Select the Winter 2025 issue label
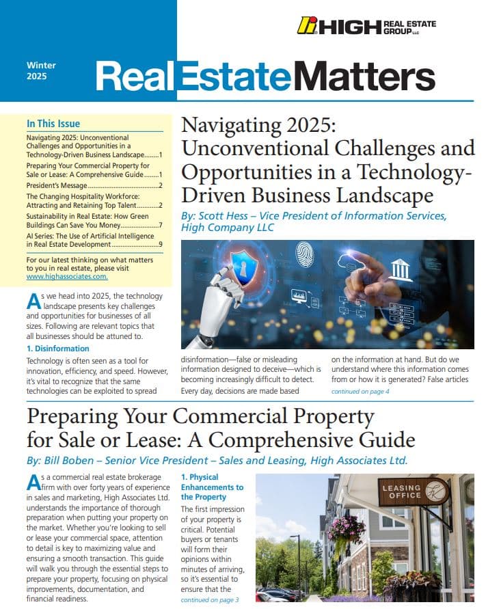[x=41, y=71]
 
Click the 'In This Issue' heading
[x=53, y=124]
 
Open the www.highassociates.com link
[x=67, y=277]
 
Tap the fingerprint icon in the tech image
[x=304, y=254]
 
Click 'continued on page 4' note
[x=360, y=392]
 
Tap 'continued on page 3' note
[x=210, y=599]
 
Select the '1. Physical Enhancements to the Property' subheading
[x=212, y=487]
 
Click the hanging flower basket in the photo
[x=348, y=527]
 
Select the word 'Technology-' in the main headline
[x=409, y=171]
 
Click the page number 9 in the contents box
[x=160, y=244]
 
